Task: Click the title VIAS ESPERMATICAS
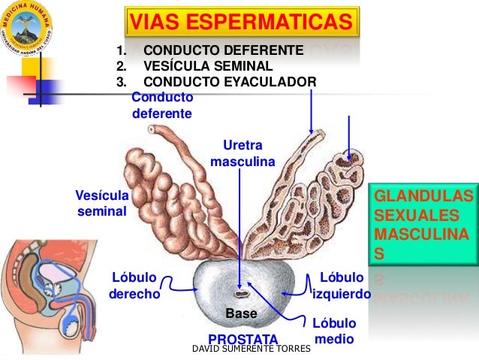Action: pyautogui.click(x=240, y=23)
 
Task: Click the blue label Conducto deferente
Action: pyautogui.click(x=161, y=106)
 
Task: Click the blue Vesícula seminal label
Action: pyautogui.click(x=102, y=203)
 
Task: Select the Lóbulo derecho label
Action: pyautogui.click(x=135, y=286)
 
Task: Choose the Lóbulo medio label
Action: pyautogui.click(x=332, y=331)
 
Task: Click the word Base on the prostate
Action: pyautogui.click(x=241, y=312)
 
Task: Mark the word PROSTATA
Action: pyautogui.click(x=243, y=339)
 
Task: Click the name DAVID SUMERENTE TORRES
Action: pyautogui.click(x=252, y=349)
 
